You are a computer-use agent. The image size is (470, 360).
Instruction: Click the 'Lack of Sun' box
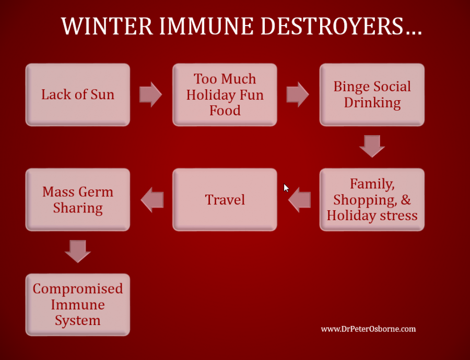(x=77, y=94)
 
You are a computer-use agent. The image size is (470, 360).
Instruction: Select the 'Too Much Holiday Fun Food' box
(x=225, y=94)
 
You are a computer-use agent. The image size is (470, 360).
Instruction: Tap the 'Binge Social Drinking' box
(x=372, y=94)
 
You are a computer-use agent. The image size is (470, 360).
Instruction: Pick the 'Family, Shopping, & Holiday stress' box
(x=372, y=199)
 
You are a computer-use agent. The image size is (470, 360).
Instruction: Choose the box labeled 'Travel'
(x=225, y=199)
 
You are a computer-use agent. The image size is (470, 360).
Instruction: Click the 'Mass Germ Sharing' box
(x=77, y=199)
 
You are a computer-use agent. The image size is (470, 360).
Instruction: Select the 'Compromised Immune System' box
(x=77, y=304)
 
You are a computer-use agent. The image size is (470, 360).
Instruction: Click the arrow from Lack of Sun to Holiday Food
(x=150, y=94)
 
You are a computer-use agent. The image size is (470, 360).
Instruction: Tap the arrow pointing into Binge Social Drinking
(x=298, y=94)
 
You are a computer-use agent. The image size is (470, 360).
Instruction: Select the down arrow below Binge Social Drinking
(x=372, y=146)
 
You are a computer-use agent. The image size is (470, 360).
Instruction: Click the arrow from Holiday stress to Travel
(x=299, y=200)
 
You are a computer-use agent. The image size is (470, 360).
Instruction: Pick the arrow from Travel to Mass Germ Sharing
(x=152, y=200)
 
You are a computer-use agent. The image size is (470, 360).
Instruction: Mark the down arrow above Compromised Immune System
(x=78, y=251)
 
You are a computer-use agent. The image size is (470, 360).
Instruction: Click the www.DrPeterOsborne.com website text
(x=368, y=329)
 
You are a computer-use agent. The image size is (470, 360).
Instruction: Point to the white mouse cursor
(x=286, y=187)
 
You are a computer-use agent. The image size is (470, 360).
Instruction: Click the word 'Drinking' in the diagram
(x=372, y=103)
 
